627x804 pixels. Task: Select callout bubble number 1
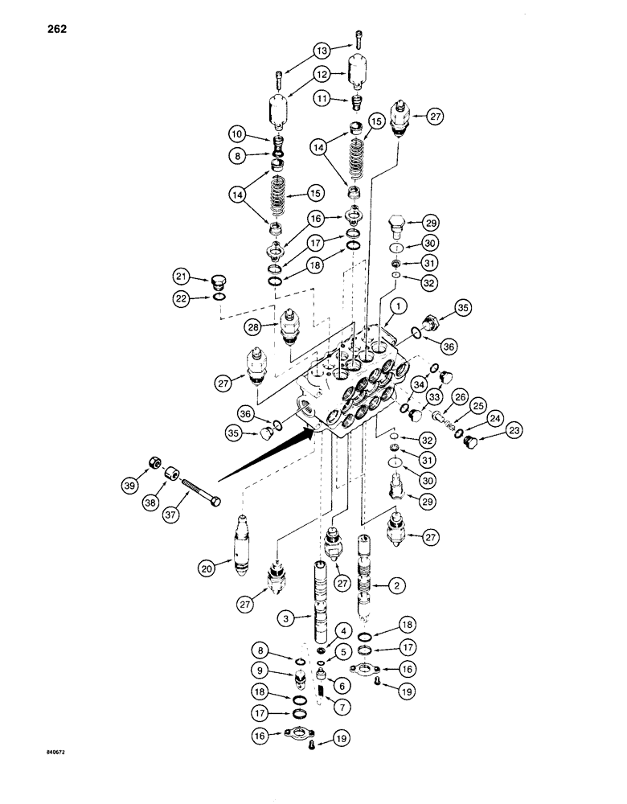point(396,306)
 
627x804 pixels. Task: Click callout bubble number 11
point(324,98)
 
